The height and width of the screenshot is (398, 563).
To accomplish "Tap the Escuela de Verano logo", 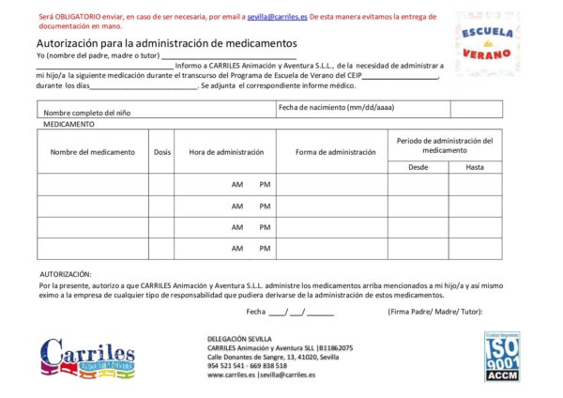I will coord(487,43).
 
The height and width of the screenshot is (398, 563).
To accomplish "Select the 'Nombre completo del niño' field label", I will coord(86,113).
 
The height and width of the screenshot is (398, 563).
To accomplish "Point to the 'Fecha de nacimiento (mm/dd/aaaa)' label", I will coord(337,107).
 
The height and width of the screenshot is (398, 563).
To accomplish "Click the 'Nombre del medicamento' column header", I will coord(93,152).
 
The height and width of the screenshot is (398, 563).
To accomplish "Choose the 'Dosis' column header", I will coord(162,152).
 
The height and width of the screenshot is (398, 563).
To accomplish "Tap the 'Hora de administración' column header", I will coord(226,152).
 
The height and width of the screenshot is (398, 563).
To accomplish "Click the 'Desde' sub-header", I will coord(418,167).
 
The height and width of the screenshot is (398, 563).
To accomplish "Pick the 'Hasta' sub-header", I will coord(475,167).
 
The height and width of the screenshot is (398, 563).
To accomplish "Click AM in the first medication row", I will coord(237,184).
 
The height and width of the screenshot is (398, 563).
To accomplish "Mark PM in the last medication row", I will coord(266,249).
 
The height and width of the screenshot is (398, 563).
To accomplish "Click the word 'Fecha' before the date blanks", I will coord(256,312).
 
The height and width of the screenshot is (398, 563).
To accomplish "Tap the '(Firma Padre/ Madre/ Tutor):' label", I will coord(434,312).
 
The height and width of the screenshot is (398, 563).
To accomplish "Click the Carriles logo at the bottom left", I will coord(87,359).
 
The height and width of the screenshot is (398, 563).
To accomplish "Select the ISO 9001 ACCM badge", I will coord(502,356).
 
